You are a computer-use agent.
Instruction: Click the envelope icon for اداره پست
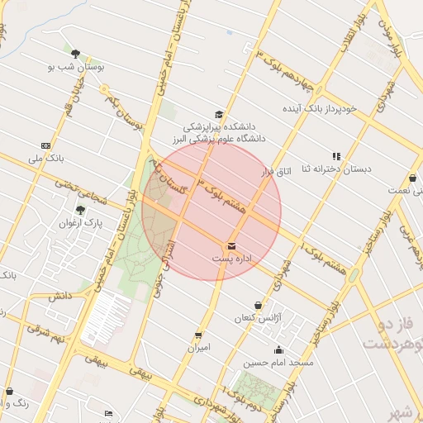pos(231,246)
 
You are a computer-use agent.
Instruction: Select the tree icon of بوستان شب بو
pos(75,54)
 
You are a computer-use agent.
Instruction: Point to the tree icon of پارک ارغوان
pos(80,210)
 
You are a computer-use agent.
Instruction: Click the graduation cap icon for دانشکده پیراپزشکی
pos(219,115)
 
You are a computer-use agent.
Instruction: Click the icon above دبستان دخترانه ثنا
pos(336,155)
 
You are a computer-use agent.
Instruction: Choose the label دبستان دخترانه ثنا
pos(336,169)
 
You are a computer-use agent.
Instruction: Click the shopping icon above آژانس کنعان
pos(258,306)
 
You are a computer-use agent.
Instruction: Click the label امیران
pos(198,347)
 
